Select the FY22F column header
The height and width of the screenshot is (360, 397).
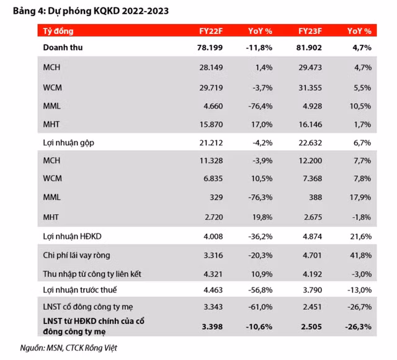tap(208, 30)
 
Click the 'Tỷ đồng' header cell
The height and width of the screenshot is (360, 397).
tap(56, 30)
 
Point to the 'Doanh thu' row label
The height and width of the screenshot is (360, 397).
tap(63, 47)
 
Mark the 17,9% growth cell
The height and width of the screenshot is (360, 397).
tap(360, 196)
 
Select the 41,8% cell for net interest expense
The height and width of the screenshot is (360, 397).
tap(360, 254)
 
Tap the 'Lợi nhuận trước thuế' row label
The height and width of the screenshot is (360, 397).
tap(79, 290)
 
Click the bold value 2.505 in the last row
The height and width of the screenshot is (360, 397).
tap(310, 326)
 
